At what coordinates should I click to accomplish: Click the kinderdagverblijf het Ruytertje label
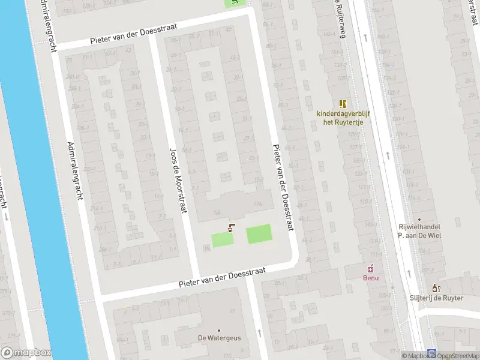344,118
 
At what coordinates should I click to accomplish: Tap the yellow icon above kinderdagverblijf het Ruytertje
343,103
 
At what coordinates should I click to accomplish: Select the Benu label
370,278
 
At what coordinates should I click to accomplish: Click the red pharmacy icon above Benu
371,268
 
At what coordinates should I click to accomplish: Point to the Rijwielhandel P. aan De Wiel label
419,232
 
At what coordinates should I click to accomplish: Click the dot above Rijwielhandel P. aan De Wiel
419,220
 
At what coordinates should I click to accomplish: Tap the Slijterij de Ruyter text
436,298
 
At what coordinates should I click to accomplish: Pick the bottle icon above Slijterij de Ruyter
437,288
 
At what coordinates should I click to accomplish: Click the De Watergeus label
219,338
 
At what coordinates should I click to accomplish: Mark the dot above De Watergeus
219,330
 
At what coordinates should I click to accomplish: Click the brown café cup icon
231,227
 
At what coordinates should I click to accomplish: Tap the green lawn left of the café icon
222,239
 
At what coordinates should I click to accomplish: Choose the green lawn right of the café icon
259,233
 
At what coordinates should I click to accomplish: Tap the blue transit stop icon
431,353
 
